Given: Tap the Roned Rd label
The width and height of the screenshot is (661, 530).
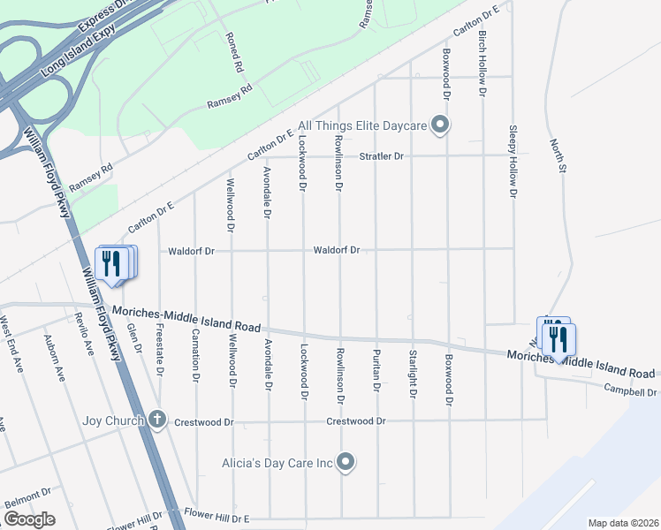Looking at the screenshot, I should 234,52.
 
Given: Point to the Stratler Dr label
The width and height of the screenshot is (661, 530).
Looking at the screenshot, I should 381,156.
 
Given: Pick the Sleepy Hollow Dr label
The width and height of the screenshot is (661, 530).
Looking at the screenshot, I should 513,160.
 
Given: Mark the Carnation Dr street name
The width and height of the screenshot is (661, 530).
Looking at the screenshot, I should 195,357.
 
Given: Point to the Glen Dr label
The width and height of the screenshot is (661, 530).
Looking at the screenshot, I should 135,337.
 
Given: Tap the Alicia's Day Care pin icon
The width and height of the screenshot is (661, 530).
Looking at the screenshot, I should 346,462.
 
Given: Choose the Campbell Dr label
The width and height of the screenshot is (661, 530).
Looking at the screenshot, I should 631,391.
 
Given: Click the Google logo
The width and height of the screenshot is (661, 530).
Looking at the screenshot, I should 29,519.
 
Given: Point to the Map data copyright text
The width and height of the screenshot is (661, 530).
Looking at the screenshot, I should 623,523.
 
